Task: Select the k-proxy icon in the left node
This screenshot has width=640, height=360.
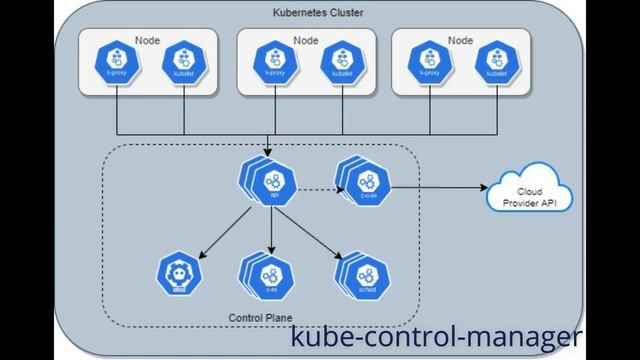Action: pos(117,60)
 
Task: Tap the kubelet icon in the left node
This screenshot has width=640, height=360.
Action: pos(183,60)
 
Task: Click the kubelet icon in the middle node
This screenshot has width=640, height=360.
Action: pos(340,60)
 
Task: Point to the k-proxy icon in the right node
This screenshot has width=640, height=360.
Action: pos(430,60)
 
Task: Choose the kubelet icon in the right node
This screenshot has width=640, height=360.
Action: pos(496,60)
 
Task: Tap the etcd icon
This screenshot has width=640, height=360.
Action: pos(180,273)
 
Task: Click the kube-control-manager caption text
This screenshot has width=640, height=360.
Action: pos(434,338)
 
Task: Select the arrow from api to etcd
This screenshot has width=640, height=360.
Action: pos(226,235)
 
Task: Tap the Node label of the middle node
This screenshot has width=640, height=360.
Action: pos(304,40)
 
